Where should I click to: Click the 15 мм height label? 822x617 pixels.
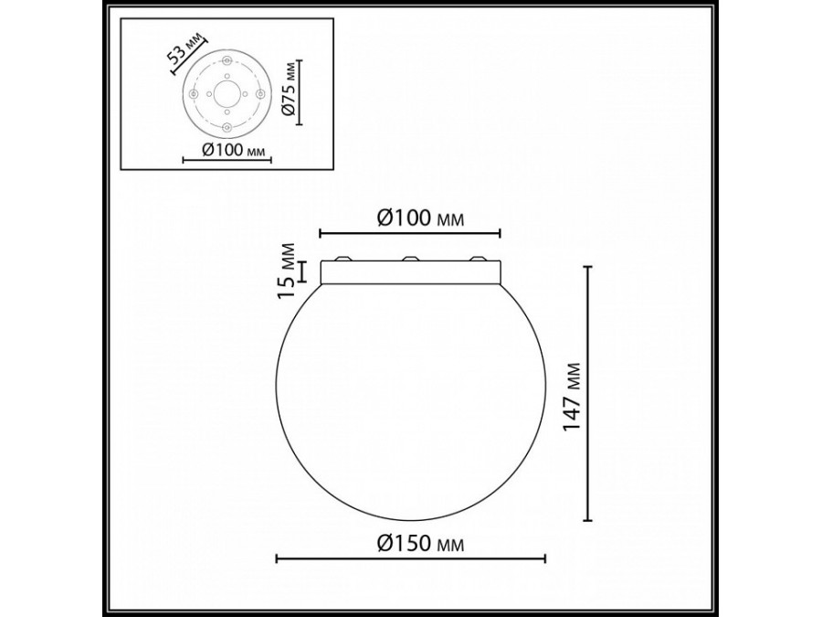point(289,271)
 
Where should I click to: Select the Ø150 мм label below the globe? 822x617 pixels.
point(420,545)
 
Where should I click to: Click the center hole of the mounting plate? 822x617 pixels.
point(227,94)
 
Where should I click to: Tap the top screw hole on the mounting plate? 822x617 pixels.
point(227,60)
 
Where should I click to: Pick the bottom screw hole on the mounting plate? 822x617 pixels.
point(227,127)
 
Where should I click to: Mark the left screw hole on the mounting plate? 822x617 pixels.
point(194,93)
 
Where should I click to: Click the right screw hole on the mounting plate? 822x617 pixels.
point(260,94)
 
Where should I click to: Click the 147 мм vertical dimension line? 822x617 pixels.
point(588,394)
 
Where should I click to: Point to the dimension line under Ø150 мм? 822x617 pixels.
point(411,558)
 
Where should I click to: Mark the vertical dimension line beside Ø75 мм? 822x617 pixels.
point(299,92)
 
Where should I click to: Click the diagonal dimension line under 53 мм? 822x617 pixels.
point(190,58)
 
